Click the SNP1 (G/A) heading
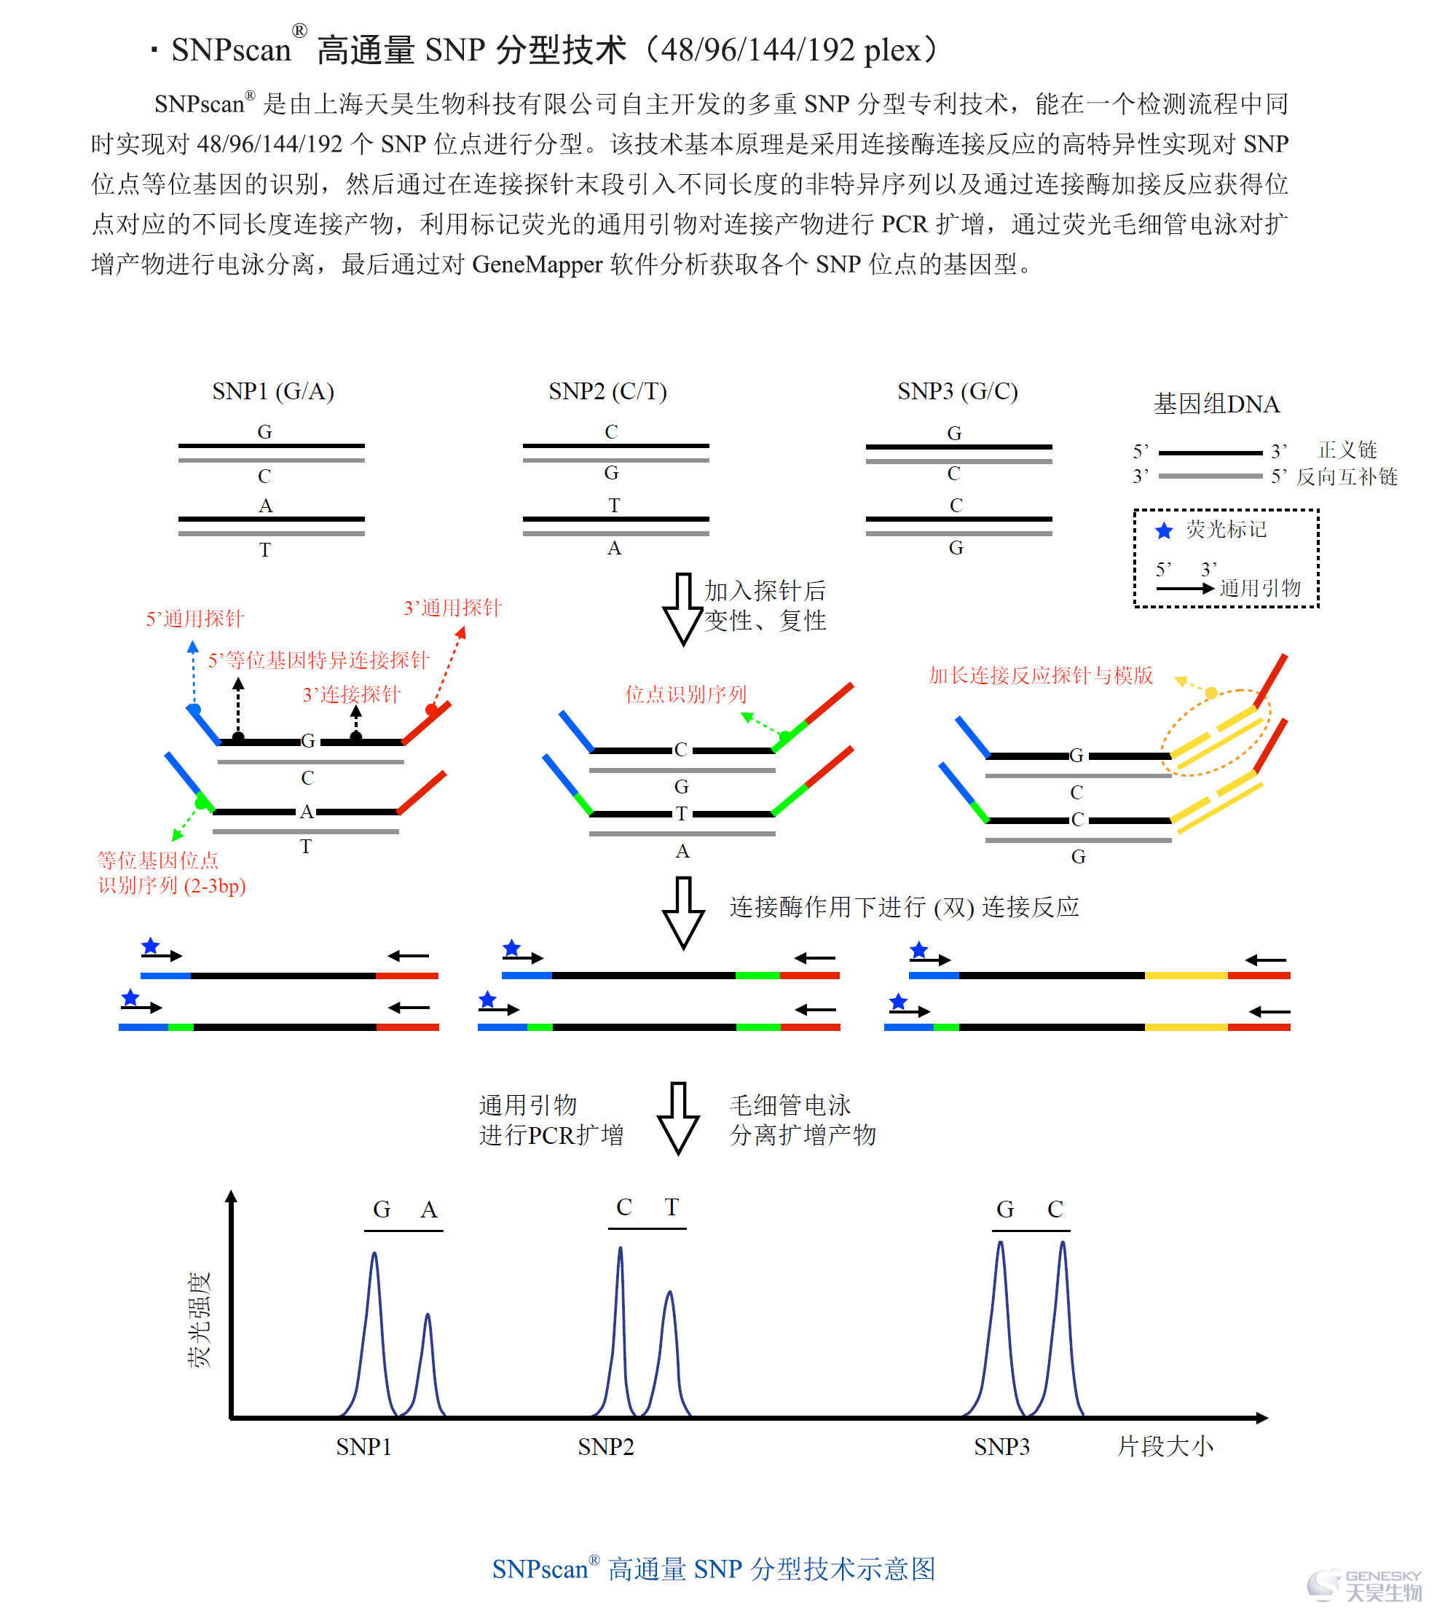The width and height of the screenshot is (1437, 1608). tap(273, 392)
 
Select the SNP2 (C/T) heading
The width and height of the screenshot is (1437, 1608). tap(608, 392)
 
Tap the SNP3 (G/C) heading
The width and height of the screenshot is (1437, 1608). tap(958, 392)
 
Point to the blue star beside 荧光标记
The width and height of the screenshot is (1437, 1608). tap(1164, 530)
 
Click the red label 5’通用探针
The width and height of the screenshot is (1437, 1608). tap(195, 619)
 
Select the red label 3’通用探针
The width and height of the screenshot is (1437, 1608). tap(452, 608)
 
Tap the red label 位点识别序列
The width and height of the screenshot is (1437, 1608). tap(686, 694)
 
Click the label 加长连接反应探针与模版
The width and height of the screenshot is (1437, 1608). tap(1041, 675)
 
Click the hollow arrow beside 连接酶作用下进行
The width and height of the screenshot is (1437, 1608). tap(684, 913)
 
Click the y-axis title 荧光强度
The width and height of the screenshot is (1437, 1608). tap(199, 1319)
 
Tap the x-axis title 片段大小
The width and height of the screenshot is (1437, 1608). tap(1165, 1447)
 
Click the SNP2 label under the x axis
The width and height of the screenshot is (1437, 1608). tap(605, 1447)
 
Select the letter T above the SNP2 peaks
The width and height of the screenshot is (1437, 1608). tap(672, 1207)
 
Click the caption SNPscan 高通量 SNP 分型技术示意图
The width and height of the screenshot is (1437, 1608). tap(714, 1569)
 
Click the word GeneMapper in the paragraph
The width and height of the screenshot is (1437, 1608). tap(538, 264)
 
